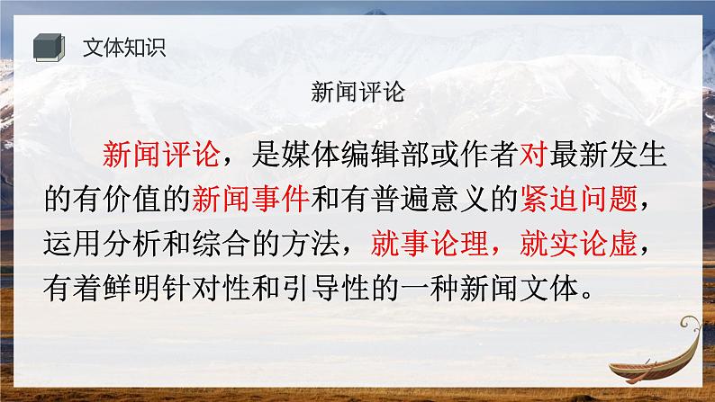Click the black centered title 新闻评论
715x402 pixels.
tap(357, 92)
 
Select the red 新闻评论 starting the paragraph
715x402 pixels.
tap(162, 156)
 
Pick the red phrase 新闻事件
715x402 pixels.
tap(251, 196)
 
